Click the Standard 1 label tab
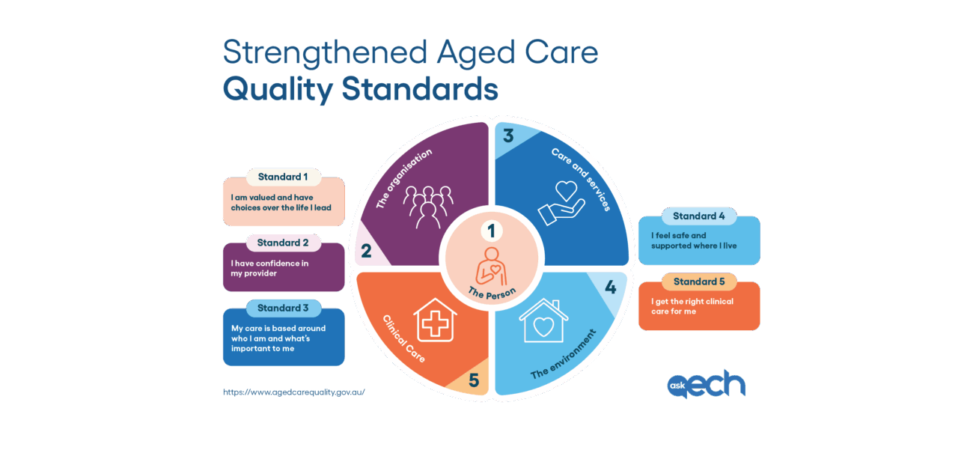pos(283,177)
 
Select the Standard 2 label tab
pos(283,243)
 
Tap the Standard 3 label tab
pos(283,308)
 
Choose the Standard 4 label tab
pos(699,216)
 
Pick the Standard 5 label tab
pos(699,282)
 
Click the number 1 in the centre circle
pos(491,231)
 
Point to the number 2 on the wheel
pos(366,251)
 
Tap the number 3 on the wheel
pos(508,136)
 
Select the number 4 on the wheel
pos(611,287)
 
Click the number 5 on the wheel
pos(474,380)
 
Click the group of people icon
pos(428,207)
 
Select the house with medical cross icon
pos(435,320)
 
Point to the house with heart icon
pos(544,321)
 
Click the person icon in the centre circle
pos(491,266)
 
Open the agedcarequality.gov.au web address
pos(294,392)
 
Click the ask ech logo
pos(707,384)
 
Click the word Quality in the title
pos(278,90)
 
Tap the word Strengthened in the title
pos(326,52)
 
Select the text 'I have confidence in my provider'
pos(269,268)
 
